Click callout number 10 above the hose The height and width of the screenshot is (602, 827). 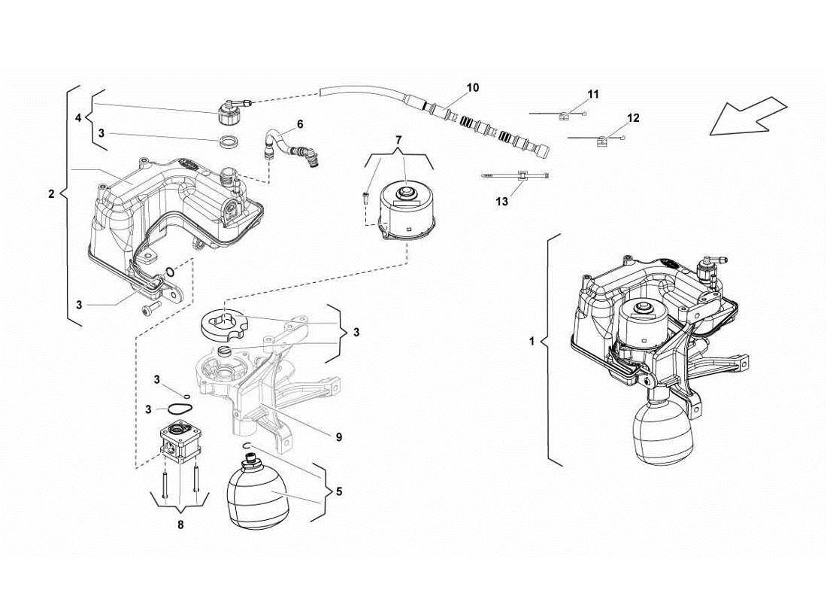(x=472, y=88)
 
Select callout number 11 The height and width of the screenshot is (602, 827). (x=593, y=94)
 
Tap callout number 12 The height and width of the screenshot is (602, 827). (x=633, y=118)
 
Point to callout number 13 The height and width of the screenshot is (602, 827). (x=502, y=202)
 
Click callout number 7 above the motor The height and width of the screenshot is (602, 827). (x=399, y=141)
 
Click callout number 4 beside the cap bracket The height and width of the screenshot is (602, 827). (x=78, y=117)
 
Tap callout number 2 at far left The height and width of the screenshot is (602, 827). (x=51, y=194)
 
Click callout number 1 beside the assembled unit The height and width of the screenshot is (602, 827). (x=532, y=341)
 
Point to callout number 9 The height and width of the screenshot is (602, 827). (x=339, y=436)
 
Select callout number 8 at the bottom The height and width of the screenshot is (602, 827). (x=180, y=524)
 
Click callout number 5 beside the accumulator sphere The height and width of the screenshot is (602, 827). (x=339, y=492)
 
